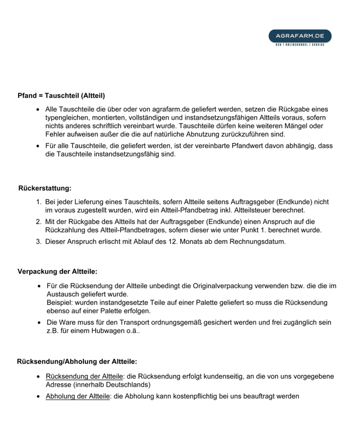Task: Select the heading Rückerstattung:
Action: tap(45, 189)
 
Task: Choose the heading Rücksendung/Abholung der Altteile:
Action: tap(77, 362)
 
